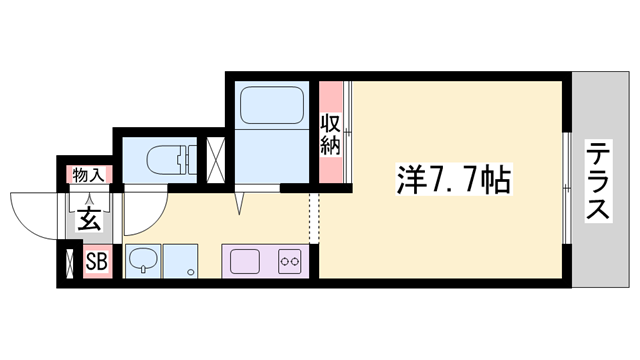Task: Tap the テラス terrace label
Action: pyautogui.click(x=598, y=183)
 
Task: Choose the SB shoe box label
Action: pyautogui.click(x=96, y=264)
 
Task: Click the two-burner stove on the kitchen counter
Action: pyautogui.click(x=291, y=262)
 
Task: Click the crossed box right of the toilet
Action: pyautogui.click(x=214, y=159)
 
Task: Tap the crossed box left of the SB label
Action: pyautogui.click(x=68, y=264)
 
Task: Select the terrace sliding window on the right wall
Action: pyautogui.click(x=569, y=180)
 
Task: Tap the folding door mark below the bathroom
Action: pyautogui.click(x=239, y=202)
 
